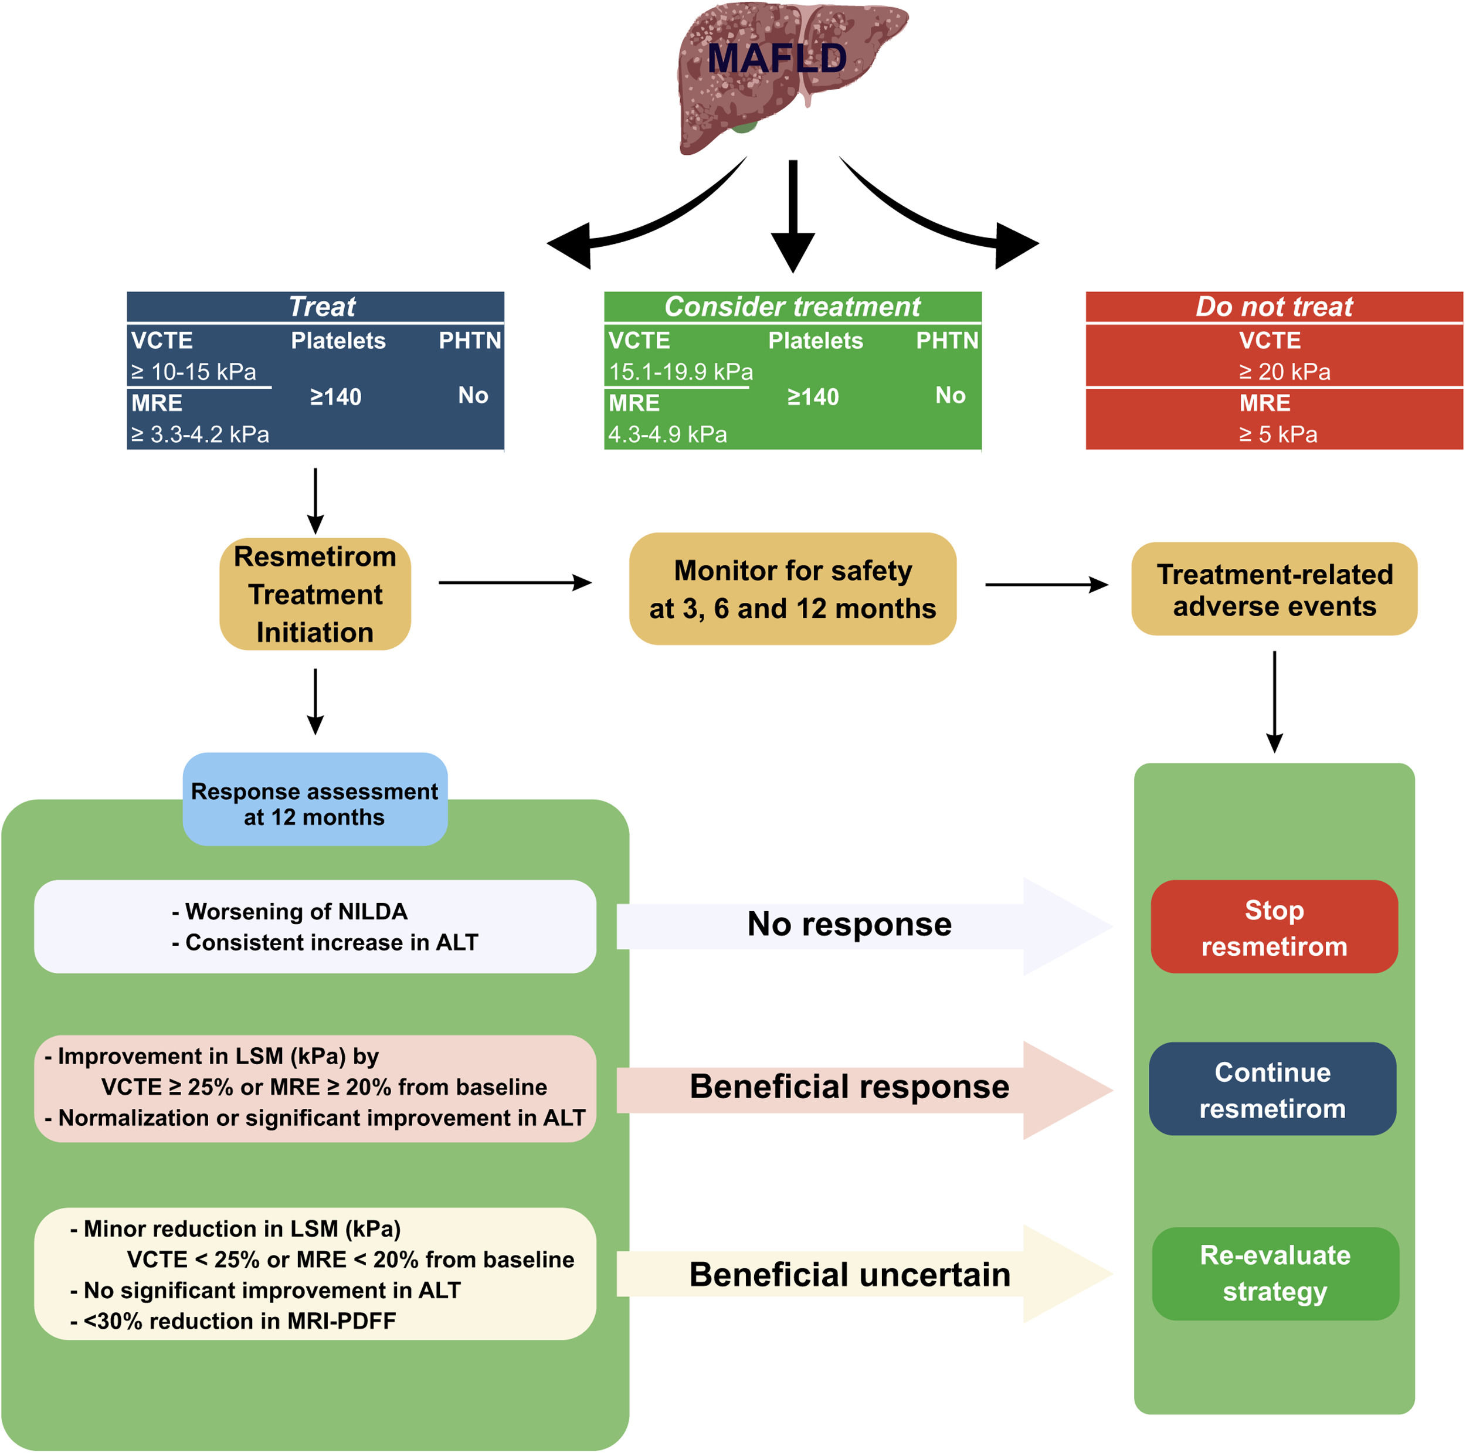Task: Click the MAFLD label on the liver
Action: (776, 59)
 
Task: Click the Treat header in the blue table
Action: (322, 307)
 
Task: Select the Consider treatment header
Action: (792, 307)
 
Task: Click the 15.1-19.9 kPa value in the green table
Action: (681, 372)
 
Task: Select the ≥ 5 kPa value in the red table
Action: (1278, 434)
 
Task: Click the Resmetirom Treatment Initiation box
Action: (315, 594)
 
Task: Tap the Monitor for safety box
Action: (792, 589)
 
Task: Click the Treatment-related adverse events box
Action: (1274, 589)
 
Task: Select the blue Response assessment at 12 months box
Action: (314, 803)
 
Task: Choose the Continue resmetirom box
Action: (1272, 1089)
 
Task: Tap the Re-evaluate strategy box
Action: (1275, 1274)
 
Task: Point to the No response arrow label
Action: (849, 924)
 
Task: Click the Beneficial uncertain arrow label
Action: (849, 1275)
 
